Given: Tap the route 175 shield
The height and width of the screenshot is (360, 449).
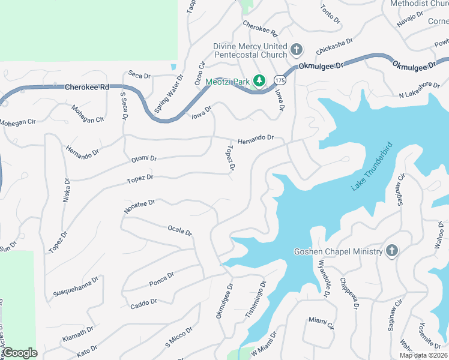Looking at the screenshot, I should pyautogui.click(x=280, y=80).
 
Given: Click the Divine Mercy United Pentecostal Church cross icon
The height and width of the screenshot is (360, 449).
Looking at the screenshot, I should pyautogui.click(x=296, y=50).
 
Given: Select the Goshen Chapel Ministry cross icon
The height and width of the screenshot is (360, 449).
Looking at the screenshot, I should pyautogui.click(x=391, y=251).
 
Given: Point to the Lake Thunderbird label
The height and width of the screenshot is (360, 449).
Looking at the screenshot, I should pyautogui.click(x=372, y=167).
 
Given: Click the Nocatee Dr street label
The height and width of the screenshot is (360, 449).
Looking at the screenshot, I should pyautogui.click(x=139, y=205).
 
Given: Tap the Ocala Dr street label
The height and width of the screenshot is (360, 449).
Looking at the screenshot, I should pyautogui.click(x=179, y=231).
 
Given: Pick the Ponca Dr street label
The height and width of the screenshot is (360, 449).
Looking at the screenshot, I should pyautogui.click(x=161, y=279).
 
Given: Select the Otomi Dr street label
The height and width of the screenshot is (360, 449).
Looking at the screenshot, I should pyautogui.click(x=144, y=159).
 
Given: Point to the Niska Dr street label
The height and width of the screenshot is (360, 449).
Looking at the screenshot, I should pyautogui.click(x=67, y=189).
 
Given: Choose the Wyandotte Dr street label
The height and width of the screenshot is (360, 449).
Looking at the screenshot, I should pyautogui.click(x=324, y=278).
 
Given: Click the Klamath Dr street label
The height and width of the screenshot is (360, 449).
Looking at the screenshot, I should pyautogui.click(x=78, y=334).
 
